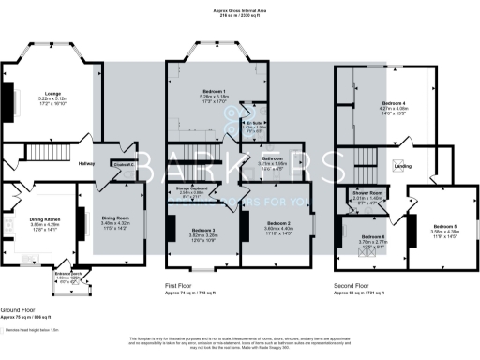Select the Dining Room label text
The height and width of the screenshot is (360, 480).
point(117,217)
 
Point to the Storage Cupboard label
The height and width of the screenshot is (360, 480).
point(190,188)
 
